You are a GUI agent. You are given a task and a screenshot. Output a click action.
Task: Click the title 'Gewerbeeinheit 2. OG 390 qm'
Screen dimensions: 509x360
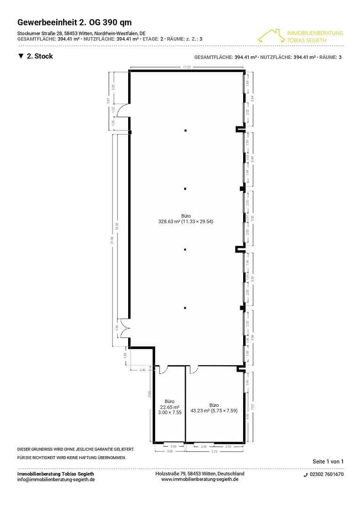coord(74,22)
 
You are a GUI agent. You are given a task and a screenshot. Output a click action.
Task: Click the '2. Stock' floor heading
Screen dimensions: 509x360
coord(35,56)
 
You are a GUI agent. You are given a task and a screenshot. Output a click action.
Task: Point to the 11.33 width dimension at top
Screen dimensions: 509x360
coord(187,67)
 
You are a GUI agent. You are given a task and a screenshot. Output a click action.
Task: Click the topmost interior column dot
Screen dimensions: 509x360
coord(186,130)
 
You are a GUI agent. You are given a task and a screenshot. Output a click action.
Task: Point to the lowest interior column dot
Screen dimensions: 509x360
coord(186,308)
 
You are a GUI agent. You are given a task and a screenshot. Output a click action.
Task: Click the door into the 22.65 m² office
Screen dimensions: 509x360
coord(164,369)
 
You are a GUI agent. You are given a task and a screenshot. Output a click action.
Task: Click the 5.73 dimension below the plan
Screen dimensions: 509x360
coord(214,452)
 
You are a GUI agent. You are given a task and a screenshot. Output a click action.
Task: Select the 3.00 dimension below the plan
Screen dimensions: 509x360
coord(170,452)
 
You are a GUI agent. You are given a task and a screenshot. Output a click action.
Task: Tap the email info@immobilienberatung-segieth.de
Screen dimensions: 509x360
coord(56,479)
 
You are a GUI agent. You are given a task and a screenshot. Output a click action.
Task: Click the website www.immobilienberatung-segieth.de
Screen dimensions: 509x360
coord(200,479)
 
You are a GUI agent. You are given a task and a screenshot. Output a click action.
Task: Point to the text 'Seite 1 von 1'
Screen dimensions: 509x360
coord(328,461)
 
